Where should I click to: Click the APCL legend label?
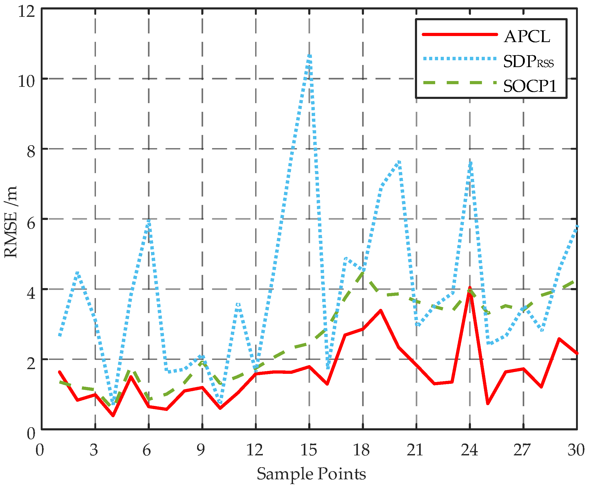(527, 37)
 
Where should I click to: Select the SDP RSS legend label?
(528, 62)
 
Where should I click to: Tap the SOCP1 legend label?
(530, 86)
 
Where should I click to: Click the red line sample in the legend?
(459, 34)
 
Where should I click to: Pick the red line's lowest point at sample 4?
(113, 415)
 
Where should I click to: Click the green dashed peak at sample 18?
(363, 272)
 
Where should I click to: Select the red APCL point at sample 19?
(381, 310)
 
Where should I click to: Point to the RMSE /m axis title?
(11, 222)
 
